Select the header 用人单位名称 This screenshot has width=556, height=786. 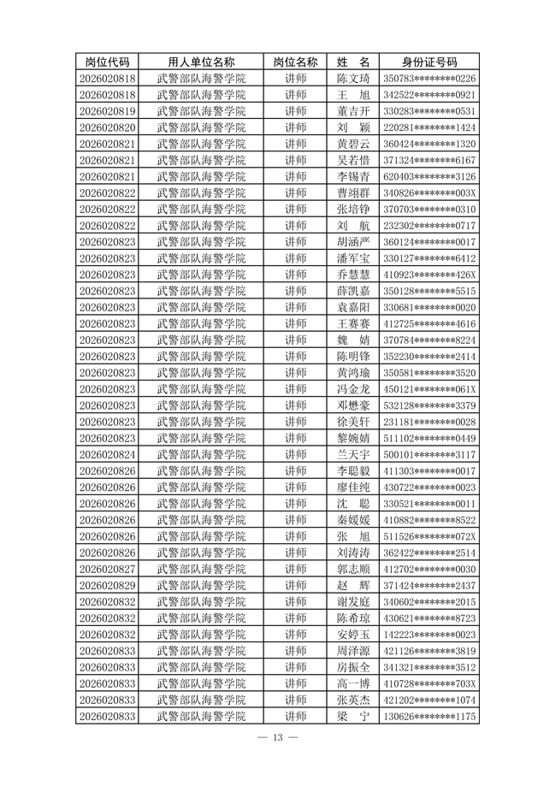coord(201,62)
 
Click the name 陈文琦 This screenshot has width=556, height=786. coord(353,79)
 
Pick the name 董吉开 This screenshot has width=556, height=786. coord(353,111)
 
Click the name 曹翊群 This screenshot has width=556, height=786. coord(353,193)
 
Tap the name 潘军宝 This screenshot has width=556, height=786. coord(353,258)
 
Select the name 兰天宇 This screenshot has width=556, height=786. coord(353,454)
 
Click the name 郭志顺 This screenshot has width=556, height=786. coord(353,569)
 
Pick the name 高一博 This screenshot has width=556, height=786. coord(353,683)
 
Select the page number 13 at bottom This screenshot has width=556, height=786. coord(278,738)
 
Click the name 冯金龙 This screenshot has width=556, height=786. coord(353,389)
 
